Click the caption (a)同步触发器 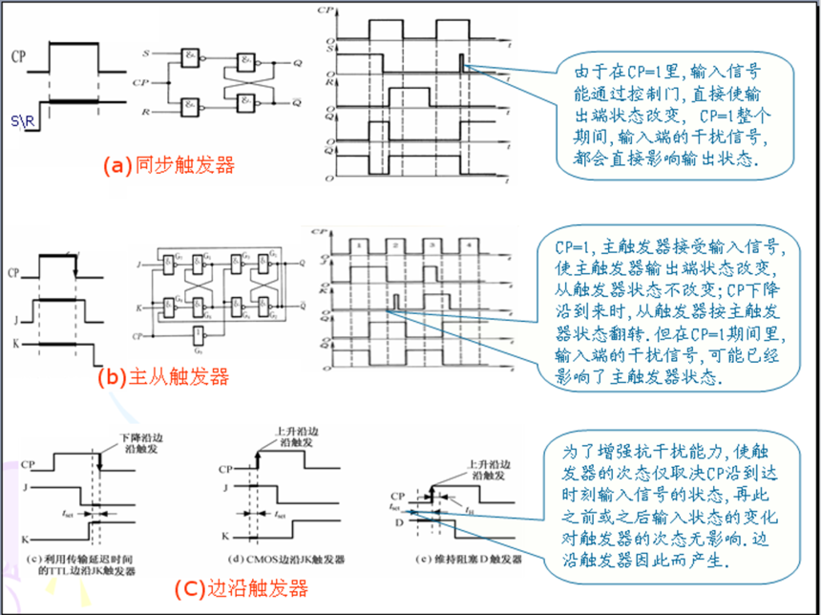[x=168, y=165]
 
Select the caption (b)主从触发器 [x=163, y=376]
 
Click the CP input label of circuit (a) [x=141, y=83]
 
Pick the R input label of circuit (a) [x=146, y=114]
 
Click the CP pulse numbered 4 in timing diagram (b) [x=467, y=246]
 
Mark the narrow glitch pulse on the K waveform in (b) [x=394, y=302]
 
